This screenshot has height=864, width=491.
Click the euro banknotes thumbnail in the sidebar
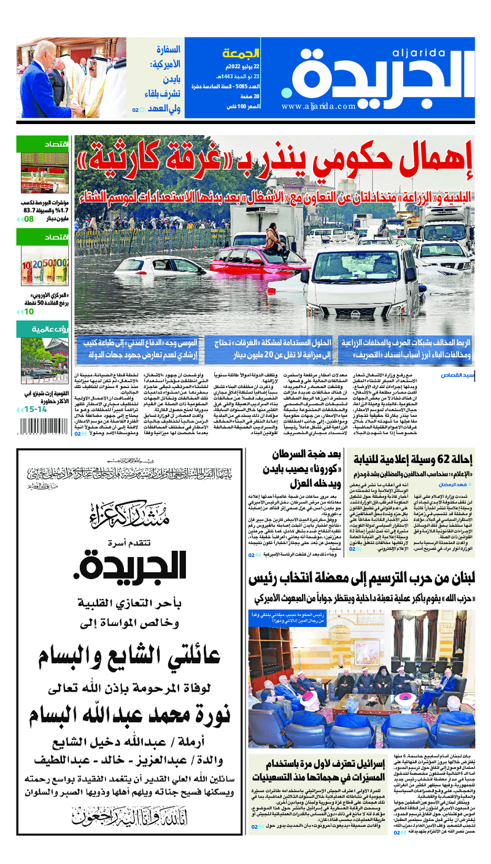point(44,266)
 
